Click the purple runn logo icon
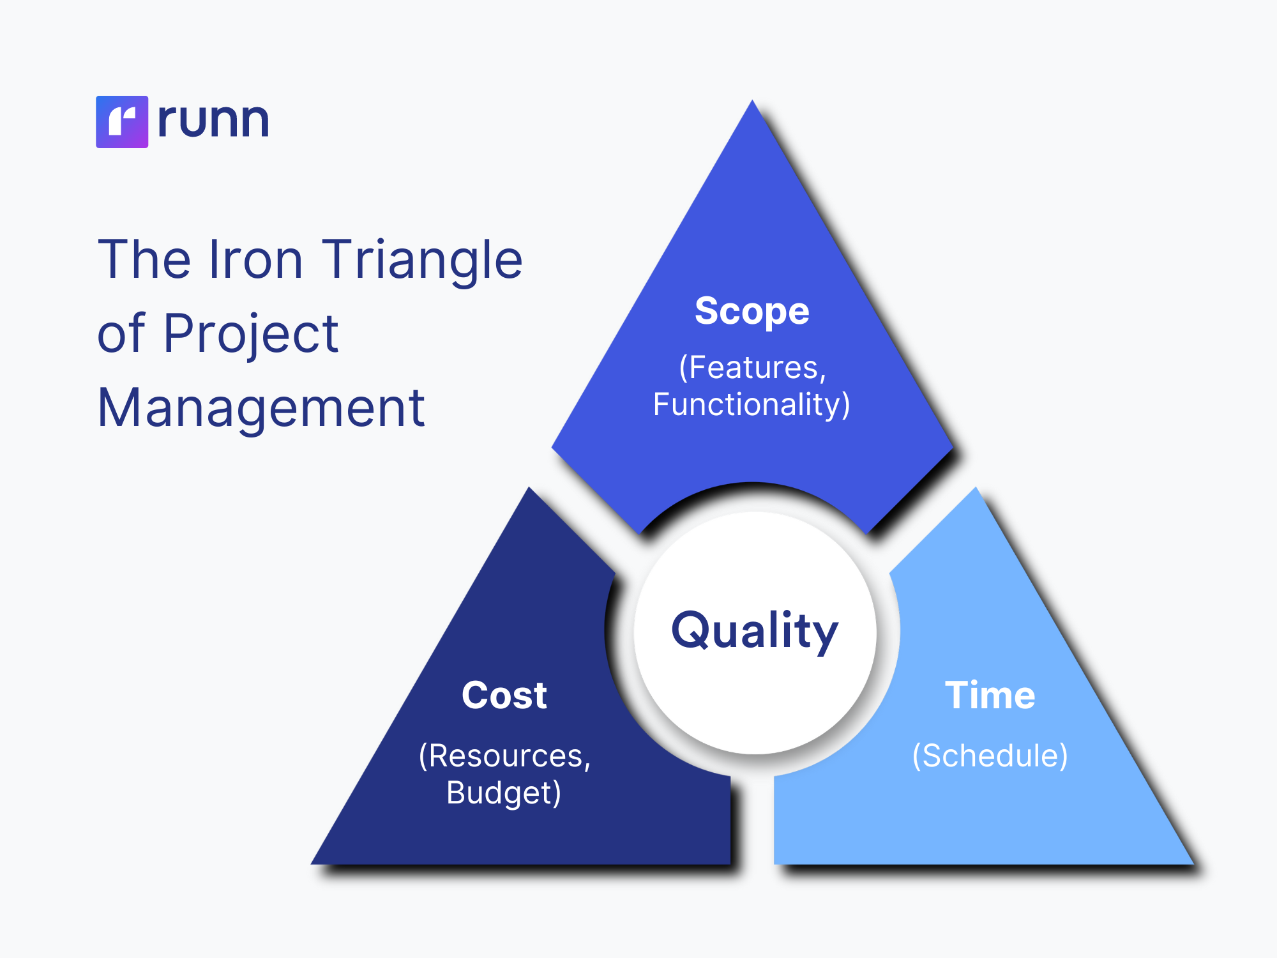coord(122,122)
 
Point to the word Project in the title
coord(251,335)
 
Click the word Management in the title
coord(261,409)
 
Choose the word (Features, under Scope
coord(753,368)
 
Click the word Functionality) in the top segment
coord(752,405)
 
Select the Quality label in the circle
coord(755,632)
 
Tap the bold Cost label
coord(504,695)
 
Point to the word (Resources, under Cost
coord(505,756)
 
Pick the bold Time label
coord(990,695)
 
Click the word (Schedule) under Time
coord(990,756)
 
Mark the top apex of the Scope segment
coord(753,100)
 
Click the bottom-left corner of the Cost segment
coord(311,864)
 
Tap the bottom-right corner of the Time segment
coord(1194,864)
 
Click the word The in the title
coord(144,259)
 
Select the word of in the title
coord(121,333)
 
